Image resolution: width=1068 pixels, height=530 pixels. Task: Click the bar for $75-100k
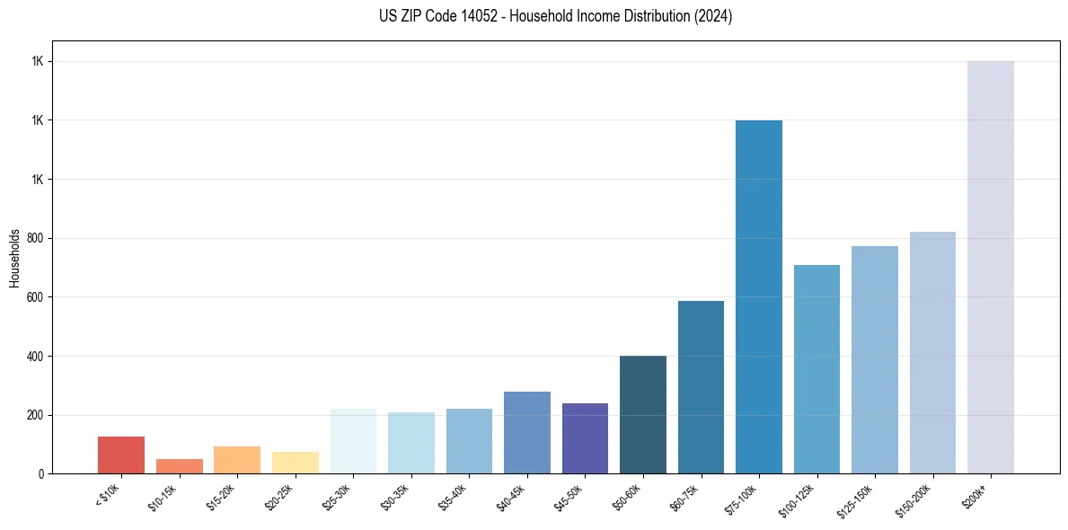point(759,296)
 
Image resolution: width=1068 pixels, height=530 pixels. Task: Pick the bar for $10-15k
point(180,466)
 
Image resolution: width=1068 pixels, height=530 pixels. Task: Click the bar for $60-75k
point(701,387)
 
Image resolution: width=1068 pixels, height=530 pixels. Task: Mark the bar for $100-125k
point(816,369)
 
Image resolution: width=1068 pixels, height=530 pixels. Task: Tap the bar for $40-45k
point(527,432)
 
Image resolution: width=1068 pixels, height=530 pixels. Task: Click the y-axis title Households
point(14,257)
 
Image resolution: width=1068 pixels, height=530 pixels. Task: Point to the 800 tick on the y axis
point(37,238)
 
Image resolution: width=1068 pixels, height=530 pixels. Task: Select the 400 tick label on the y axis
point(37,356)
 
